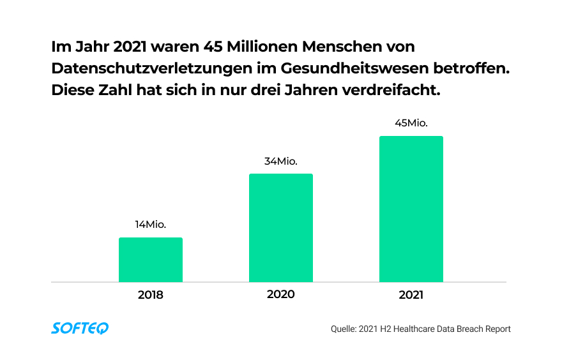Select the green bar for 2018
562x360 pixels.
pyautogui.click(x=151, y=260)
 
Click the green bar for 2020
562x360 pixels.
pyautogui.click(x=281, y=228)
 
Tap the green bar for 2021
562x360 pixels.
pyautogui.click(x=411, y=209)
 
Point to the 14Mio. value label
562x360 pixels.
pyautogui.click(x=151, y=224)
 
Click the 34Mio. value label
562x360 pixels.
pyautogui.click(x=281, y=161)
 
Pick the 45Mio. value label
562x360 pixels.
pyautogui.click(x=411, y=123)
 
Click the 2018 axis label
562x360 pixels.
pyautogui.click(x=151, y=296)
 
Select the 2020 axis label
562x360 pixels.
pyautogui.click(x=281, y=294)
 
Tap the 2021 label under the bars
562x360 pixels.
pyautogui.click(x=411, y=296)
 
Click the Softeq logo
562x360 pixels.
pyautogui.click(x=80, y=328)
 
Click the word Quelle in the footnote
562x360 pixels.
pyautogui.click(x=343, y=329)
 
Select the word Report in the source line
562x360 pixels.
pyautogui.click(x=496, y=329)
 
